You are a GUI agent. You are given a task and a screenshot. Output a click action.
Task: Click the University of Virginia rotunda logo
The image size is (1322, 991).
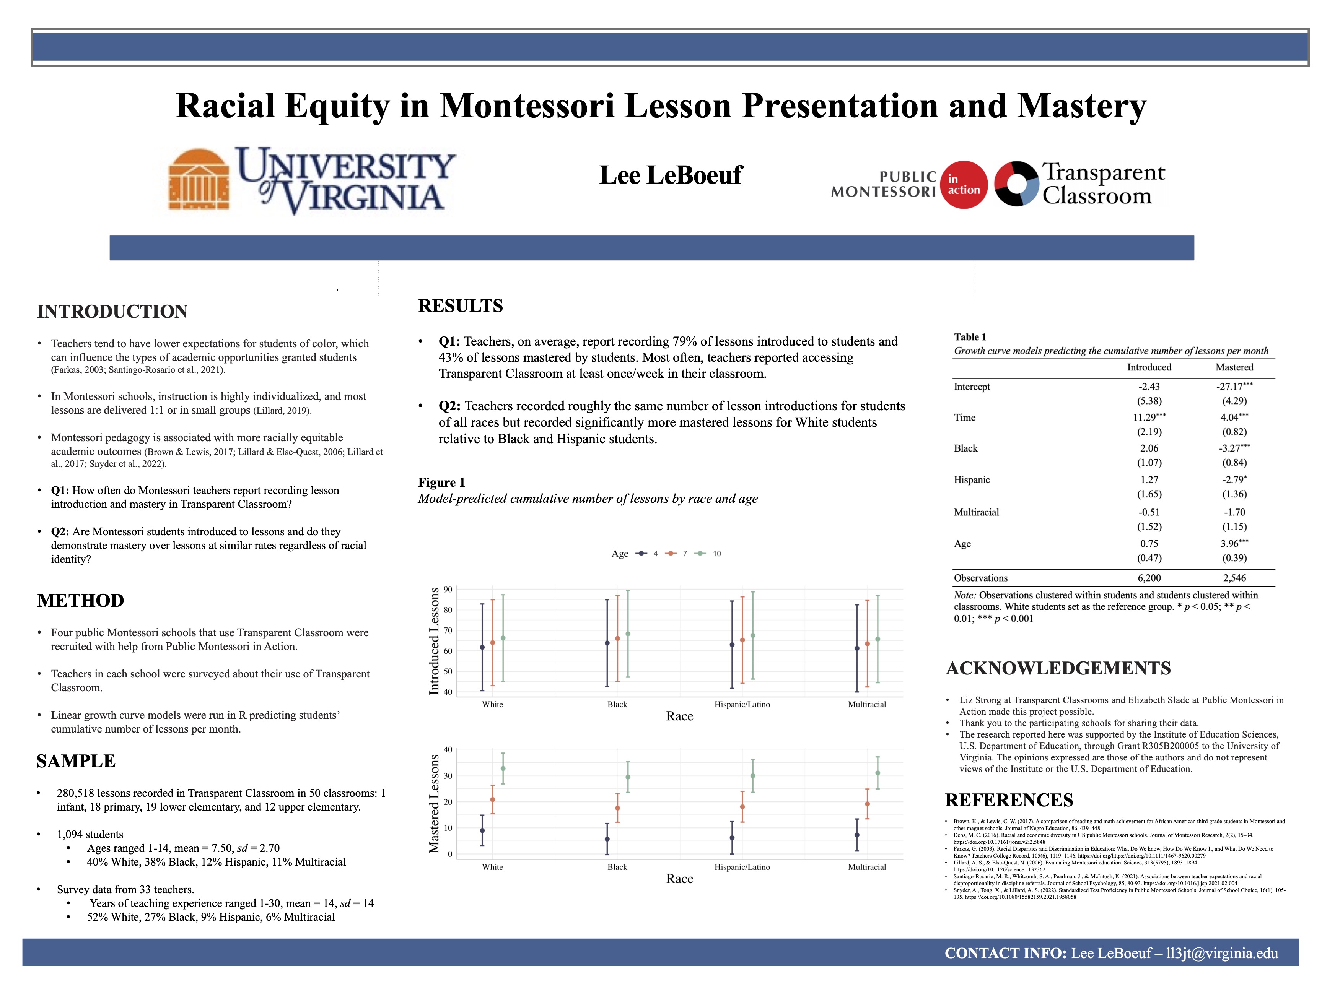tap(199, 179)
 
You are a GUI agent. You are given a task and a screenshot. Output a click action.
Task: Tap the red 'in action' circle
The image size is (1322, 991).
tap(964, 185)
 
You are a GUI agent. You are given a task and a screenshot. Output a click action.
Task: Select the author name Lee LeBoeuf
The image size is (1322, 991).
tap(671, 175)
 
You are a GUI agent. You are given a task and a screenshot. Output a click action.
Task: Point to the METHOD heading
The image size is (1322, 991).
tap(81, 600)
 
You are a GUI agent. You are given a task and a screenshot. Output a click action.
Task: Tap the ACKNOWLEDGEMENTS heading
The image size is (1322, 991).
tap(1058, 668)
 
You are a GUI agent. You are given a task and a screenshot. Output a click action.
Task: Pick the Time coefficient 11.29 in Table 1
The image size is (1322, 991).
tap(1148, 418)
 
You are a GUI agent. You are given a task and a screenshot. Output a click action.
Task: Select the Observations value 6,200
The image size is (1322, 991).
tap(1149, 578)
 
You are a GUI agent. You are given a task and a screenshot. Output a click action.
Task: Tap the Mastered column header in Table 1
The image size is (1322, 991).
tap(1234, 367)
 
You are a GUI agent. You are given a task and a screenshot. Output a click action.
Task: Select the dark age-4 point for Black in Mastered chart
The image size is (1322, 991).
tap(607, 839)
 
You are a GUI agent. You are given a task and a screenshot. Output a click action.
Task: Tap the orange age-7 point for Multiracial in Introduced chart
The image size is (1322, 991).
tap(867, 644)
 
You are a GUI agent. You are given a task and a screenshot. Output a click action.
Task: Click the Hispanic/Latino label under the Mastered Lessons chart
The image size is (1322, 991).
tap(742, 867)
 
